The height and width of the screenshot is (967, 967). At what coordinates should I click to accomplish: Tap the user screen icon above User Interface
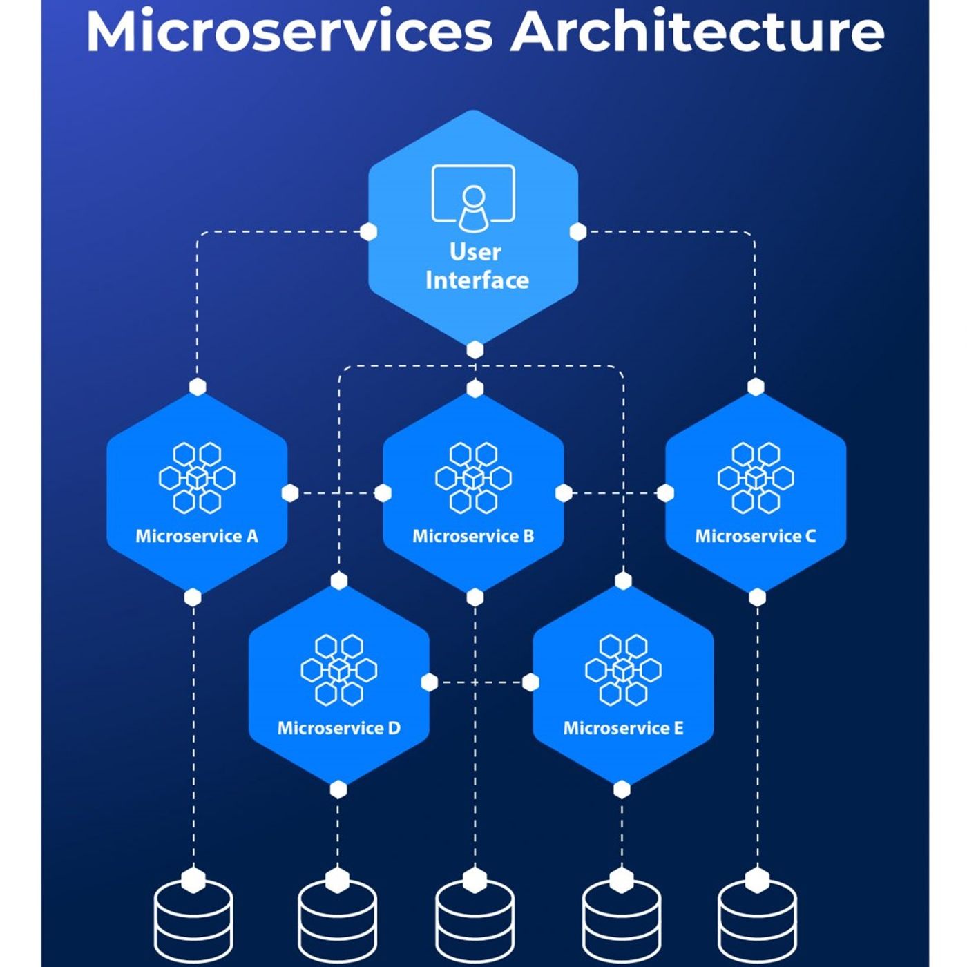(x=473, y=198)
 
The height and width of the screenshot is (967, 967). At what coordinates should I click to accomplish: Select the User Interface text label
(x=476, y=267)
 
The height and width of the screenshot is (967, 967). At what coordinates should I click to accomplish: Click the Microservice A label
(x=197, y=536)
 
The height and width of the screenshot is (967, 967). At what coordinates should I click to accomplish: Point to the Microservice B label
(x=473, y=536)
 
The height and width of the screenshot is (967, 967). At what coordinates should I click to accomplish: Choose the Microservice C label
(x=756, y=536)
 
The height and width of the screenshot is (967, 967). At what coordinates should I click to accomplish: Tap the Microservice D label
(x=338, y=728)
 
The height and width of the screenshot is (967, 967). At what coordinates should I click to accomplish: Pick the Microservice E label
(x=623, y=728)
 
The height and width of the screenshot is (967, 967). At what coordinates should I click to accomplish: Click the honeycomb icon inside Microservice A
(x=197, y=478)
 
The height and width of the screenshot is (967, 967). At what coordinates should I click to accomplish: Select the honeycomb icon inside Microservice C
(x=756, y=478)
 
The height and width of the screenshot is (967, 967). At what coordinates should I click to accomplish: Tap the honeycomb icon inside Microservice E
(x=623, y=670)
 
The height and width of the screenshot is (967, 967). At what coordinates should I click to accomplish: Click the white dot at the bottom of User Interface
(x=475, y=350)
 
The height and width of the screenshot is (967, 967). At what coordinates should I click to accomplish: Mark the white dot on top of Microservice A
(x=198, y=387)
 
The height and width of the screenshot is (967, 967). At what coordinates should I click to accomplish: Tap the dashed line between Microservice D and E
(x=480, y=682)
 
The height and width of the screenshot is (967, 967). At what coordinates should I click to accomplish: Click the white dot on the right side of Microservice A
(x=290, y=492)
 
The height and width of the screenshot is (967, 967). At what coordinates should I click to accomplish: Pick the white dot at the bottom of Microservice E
(x=622, y=789)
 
